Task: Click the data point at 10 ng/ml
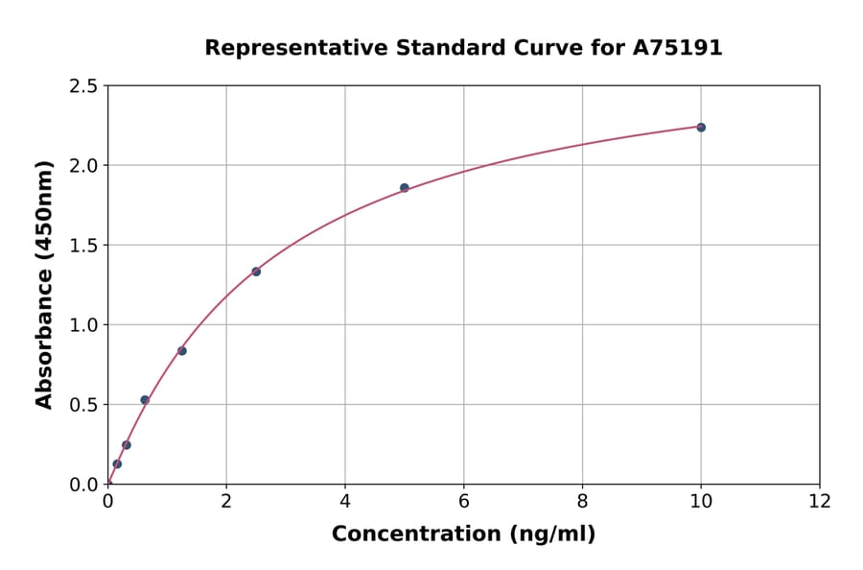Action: [701, 128]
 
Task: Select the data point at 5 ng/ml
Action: [405, 188]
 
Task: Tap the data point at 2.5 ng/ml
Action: [256, 272]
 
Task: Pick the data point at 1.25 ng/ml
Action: [182, 351]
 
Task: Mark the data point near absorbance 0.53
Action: [145, 400]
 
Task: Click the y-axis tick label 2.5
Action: [83, 86]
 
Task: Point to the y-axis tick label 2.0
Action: [83, 166]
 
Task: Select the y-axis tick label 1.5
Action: [83, 246]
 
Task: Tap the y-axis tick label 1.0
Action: [83, 325]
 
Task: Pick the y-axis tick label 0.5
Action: [83, 405]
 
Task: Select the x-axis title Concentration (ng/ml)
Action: [463, 534]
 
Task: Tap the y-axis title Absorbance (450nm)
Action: [44, 284]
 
